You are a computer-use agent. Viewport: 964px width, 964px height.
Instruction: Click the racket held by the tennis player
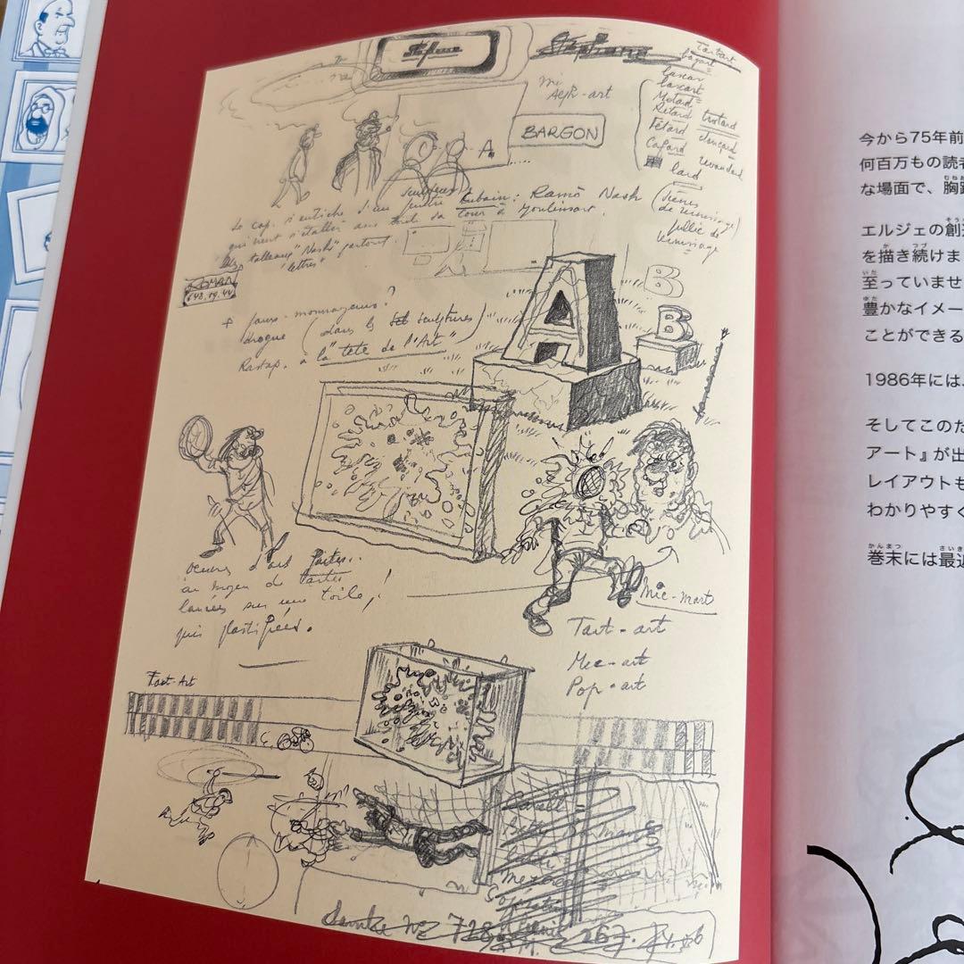pyautogui.click(x=197, y=440)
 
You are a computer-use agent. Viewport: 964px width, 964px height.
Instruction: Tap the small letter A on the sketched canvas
pyautogui.click(x=486, y=151)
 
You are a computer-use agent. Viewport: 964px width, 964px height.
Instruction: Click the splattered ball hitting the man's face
pyautogui.click(x=586, y=480)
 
